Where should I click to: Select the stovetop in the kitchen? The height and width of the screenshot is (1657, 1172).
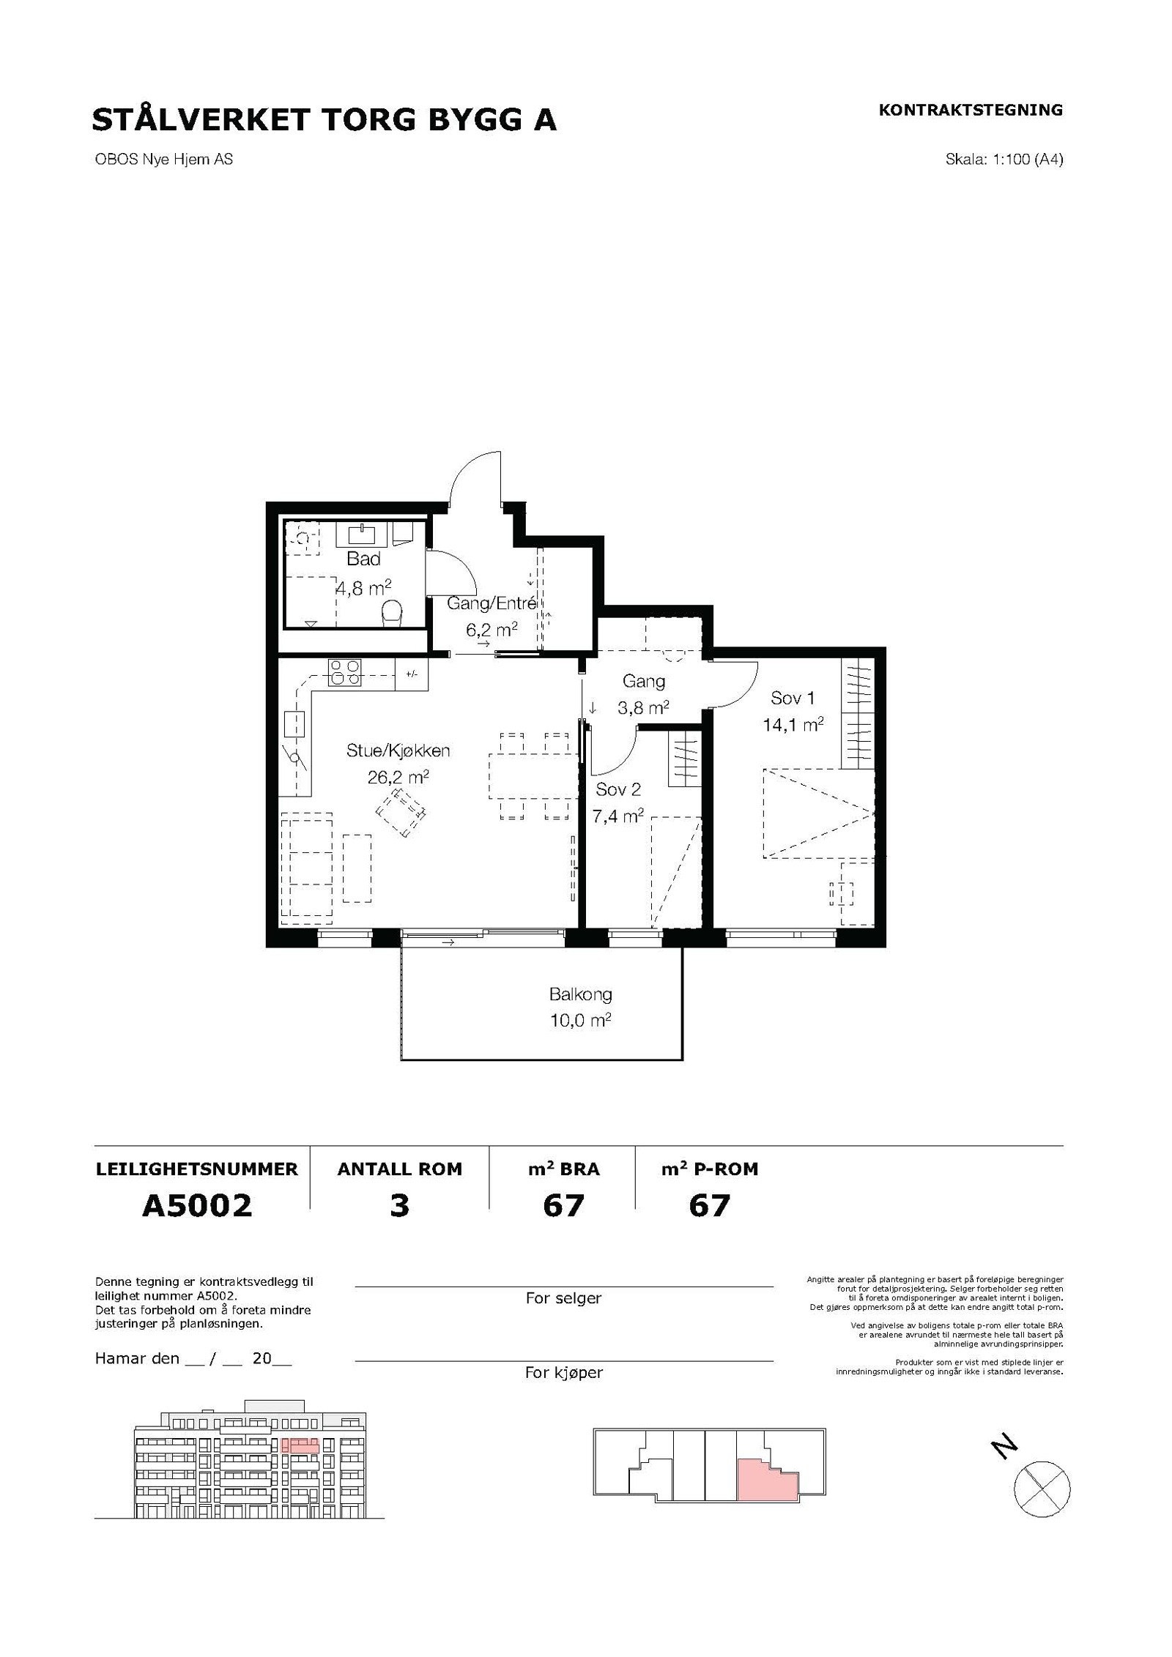345,672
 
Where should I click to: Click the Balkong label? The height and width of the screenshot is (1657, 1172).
580,995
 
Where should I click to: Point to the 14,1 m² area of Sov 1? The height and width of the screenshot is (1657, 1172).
793,725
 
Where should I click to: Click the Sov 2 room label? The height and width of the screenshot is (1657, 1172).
618,789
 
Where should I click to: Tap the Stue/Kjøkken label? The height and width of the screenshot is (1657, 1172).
398,750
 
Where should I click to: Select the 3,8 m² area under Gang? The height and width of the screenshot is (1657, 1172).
643,708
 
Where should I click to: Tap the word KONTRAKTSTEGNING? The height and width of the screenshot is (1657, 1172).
970,110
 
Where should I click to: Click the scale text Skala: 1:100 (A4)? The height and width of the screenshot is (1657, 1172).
1004,160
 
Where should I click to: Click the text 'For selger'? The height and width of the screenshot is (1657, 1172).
563,1298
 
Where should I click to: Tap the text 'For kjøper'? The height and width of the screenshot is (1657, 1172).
563,1373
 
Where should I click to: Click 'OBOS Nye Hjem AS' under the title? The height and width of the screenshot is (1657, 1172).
164,159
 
